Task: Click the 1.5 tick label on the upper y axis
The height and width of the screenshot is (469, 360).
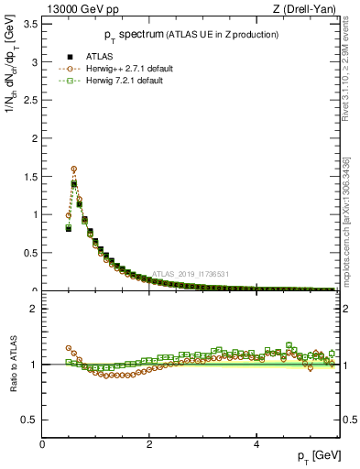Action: [29, 177]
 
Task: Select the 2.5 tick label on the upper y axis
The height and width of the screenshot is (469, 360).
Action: [29, 101]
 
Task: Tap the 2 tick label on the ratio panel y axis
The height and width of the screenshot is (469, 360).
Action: [33, 309]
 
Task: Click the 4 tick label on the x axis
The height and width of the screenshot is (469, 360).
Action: [256, 443]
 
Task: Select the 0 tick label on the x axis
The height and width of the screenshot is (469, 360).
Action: [42, 443]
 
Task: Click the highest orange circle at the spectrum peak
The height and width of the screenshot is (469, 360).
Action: [74, 169]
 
